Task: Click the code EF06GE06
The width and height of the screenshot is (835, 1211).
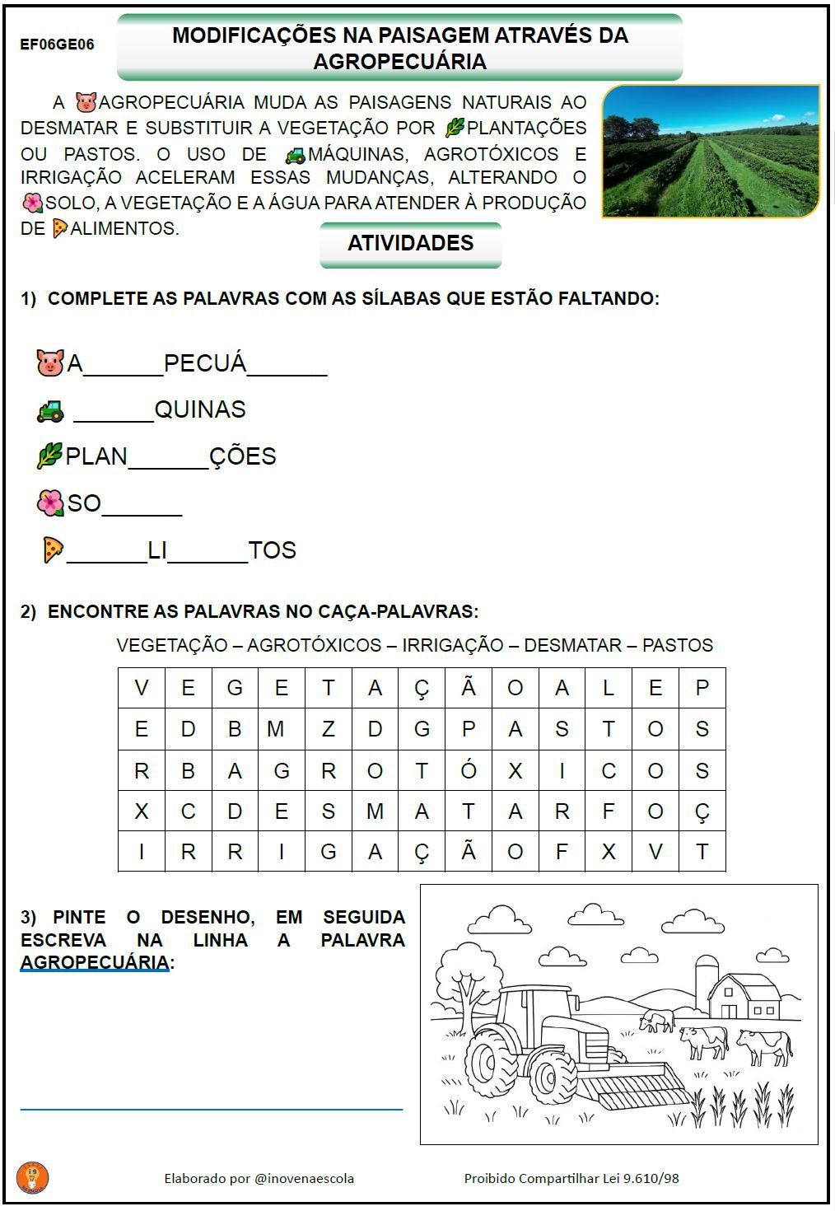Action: pyautogui.click(x=57, y=44)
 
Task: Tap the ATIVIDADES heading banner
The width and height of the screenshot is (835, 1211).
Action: pyautogui.click(x=410, y=244)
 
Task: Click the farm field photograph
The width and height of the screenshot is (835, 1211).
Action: pyautogui.click(x=711, y=152)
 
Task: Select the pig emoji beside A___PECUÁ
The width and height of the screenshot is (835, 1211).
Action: pyautogui.click(x=50, y=362)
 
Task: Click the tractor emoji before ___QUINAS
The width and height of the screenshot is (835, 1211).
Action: pyautogui.click(x=50, y=410)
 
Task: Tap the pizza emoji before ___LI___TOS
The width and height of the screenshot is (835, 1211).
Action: pyautogui.click(x=53, y=549)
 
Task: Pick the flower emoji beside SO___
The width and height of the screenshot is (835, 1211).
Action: pyautogui.click(x=50, y=503)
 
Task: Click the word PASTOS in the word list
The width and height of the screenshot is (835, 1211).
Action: pyautogui.click(x=677, y=645)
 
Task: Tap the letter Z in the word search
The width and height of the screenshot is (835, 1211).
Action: pyautogui.click(x=329, y=729)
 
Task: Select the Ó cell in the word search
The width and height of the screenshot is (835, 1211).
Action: pyautogui.click(x=469, y=770)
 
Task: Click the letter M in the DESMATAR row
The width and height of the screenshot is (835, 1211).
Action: pyautogui.click(x=375, y=811)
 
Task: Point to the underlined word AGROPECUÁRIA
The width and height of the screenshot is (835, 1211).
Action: pyautogui.click(x=95, y=962)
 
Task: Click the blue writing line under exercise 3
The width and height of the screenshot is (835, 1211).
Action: pyautogui.click(x=212, y=1110)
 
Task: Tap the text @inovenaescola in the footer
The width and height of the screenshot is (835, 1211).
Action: pyautogui.click(x=304, y=1178)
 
